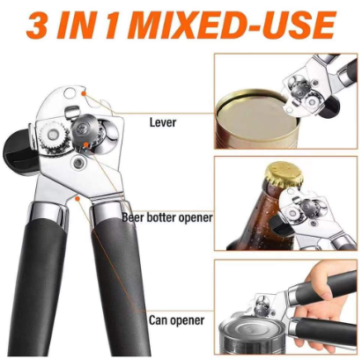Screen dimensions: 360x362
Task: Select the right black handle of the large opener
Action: click(124, 282)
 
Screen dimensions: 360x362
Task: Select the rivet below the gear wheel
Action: click(79, 164)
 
